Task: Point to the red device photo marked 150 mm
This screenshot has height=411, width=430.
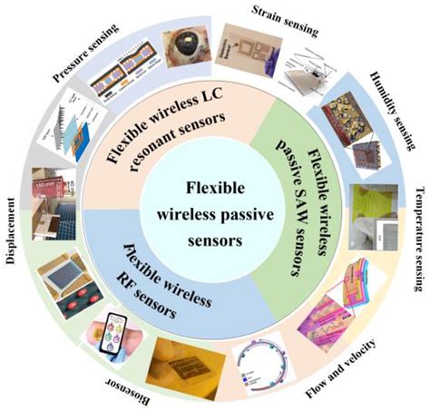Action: [51, 191]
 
